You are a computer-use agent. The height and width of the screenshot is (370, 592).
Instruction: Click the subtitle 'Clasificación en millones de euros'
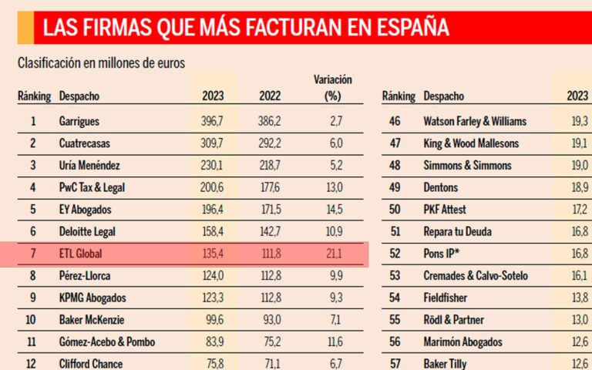pyautogui.click(x=101, y=63)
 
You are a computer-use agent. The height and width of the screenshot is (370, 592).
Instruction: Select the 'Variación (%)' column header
pyautogui.click(x=333, y=88)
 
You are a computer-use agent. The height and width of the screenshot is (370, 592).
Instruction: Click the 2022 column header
pyautogui.click(x=271, y=96)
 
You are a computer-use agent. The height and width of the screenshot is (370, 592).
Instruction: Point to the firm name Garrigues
pyautogui.click(x=79, y=121)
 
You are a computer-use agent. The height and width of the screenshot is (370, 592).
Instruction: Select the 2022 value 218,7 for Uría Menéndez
pyautogui.click(x=271, y=165)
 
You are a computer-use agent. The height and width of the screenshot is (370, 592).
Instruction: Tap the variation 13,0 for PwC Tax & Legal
pyautogui.click(x=333, y=187)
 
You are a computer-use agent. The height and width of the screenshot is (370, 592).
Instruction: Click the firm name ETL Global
pyautogui.click(x=81, y=253)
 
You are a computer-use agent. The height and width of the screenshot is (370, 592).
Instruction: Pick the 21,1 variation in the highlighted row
pyautogui.click(x=333, y=253)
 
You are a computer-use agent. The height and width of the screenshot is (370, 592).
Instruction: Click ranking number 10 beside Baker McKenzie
pyautogui.click(x=33, y=320)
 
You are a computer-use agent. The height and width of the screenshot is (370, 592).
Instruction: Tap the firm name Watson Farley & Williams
pyautogui.click(x=475, y=121)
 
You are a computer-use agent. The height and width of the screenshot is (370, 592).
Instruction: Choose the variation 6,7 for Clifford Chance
pyautogui.click(x=333, y=363)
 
